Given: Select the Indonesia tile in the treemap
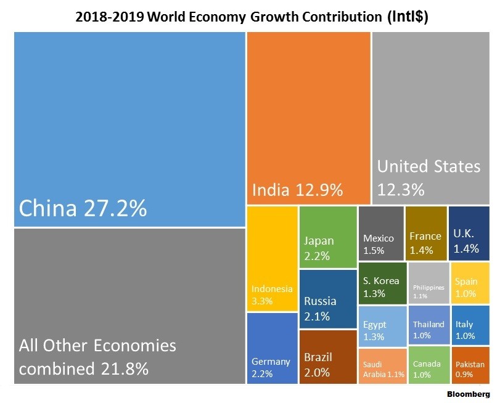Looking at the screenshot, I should pyautogui.click(x=272, y=259).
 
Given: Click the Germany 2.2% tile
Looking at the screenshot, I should pyautogui.click(x=272, y=348).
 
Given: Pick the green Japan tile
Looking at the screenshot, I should pyautogui.click(x=328, y=237).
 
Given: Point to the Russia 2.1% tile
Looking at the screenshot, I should pyautogui.click(x=328, y=298).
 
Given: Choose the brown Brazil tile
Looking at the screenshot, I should pyautogui.click(x=328, y=357).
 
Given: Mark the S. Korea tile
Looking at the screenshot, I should pyautogui.click(x=382, y=283).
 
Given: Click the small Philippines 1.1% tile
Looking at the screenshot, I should pyautogui.click(x=428, y=283).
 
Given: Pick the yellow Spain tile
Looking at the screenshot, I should pyautogui.click(x=470, y=283).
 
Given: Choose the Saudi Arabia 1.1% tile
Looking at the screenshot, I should pyautogui.click(x=382, y=366).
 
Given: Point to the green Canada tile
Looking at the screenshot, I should pyautogui.click(x=428, y=366).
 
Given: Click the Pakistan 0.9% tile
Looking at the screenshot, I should pyautogui.click(x=470, y=366).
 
